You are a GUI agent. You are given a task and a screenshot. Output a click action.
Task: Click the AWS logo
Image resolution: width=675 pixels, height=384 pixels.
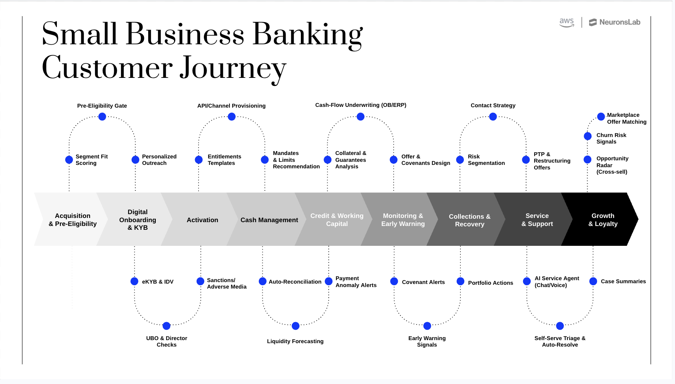point(567,23)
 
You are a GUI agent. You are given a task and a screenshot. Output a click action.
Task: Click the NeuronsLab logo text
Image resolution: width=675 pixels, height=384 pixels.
point(619,22)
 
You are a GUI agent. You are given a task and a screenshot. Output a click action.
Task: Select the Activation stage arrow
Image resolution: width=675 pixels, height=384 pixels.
point(202,220)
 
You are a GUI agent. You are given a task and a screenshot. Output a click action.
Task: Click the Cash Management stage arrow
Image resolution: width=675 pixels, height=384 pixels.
point(269,220)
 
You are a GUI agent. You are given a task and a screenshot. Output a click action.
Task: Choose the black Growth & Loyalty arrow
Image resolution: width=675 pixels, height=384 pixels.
point(602,220)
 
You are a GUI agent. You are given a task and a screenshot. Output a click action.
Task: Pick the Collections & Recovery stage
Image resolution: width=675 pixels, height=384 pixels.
point(469,220)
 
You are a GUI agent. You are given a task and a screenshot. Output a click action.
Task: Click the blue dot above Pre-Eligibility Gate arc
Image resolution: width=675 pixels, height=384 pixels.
point(102,117)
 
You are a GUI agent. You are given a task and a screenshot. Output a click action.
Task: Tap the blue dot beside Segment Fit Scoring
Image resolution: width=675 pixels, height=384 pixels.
point(69,160)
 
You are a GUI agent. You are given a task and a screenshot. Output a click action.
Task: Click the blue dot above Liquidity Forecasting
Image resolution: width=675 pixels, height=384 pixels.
point(296,326)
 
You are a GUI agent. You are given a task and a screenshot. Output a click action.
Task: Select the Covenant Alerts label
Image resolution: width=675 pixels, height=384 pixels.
point(423,282)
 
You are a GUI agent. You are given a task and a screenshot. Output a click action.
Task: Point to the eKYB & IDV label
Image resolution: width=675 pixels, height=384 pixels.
point(158,282)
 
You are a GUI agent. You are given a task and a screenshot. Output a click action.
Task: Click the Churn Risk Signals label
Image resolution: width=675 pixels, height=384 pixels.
point(611,138)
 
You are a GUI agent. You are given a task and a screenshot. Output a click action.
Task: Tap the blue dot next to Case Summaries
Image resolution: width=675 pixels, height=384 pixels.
point(593,281)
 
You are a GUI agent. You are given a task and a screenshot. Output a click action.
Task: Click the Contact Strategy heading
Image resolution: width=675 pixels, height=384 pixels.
point(493,105)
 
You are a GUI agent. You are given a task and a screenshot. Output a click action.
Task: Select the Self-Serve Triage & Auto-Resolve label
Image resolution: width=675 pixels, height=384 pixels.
point(560,341)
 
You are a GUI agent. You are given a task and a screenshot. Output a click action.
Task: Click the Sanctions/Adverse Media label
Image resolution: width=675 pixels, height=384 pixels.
point(226,283)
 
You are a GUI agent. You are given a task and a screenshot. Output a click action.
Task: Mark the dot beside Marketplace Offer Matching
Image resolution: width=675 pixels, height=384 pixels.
point(601,116)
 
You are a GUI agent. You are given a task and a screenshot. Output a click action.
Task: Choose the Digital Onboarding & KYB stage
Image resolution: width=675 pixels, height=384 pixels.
point(137,220)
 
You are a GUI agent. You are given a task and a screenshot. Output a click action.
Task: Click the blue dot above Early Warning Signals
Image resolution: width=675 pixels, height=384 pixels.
point(427,326)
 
